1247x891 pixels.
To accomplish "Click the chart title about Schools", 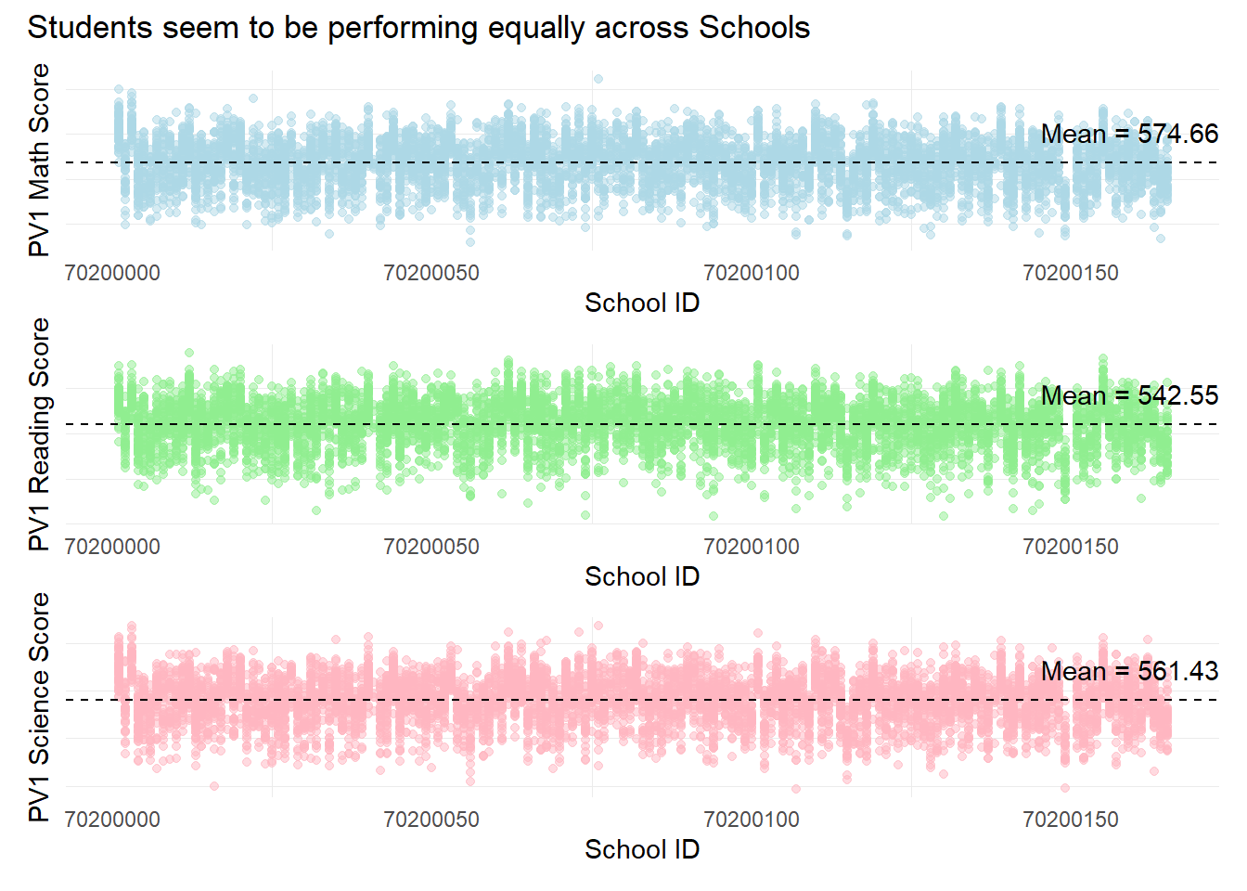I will [418, 28].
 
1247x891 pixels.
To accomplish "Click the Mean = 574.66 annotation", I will [1129, 134].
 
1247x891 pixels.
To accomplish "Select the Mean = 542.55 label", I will [1129, 395].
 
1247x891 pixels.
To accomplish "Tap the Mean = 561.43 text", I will [1129, 671].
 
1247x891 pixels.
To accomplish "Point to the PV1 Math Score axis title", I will [39, 160].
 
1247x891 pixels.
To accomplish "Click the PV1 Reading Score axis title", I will [39, 433].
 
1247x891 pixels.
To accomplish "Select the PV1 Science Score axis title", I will [39, 706].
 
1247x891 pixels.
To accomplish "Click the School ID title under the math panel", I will [642, 303].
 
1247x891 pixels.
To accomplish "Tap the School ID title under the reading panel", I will [642, 576].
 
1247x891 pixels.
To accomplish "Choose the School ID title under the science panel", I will [642, 849].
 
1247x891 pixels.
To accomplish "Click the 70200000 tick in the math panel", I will [112, 273].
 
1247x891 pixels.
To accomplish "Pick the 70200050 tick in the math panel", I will [431, 273].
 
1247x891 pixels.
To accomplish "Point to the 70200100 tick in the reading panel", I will [752, 547].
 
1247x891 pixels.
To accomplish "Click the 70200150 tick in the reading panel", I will [1071, 547].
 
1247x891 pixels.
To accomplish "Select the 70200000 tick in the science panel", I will [112, 820].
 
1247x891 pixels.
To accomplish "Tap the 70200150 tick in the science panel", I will [1071, 820].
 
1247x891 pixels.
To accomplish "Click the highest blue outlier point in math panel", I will [598, 79].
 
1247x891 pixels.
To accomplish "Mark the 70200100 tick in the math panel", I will [752, 273].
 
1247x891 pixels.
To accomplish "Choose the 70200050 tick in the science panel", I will [431, 820].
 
